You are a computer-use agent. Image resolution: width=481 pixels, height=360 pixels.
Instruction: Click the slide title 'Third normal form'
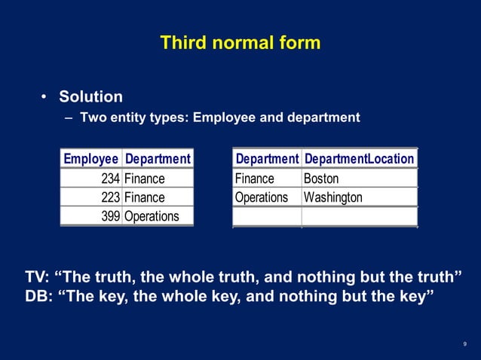[x=240, y=42]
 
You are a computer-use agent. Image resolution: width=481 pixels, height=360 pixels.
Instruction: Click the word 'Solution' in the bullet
[x=90, y=97]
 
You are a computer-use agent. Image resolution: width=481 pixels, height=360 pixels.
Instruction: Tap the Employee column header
[x=90, y=159]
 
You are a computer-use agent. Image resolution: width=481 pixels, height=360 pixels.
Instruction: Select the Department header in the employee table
[x=157, y=159]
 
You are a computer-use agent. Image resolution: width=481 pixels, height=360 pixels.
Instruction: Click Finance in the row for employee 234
[x=144, y=178]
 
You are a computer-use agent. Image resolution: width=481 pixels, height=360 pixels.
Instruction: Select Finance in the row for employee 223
[x=144, y=197]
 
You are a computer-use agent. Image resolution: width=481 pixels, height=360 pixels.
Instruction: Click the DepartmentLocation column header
[x=359, y=159]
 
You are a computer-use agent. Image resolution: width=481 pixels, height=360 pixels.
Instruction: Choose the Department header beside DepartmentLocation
[x=267, y=159]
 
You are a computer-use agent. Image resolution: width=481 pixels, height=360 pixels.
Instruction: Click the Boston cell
[x=321, y=178]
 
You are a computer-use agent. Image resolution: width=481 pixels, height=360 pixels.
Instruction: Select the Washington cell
[x=332, y=197]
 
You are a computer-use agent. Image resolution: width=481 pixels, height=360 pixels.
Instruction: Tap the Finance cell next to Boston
[x=255, y=178]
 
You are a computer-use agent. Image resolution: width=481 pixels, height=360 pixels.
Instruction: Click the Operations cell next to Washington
[x=262, y=197]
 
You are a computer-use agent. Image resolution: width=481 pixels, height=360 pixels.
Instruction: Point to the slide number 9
[x=464, y=344]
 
